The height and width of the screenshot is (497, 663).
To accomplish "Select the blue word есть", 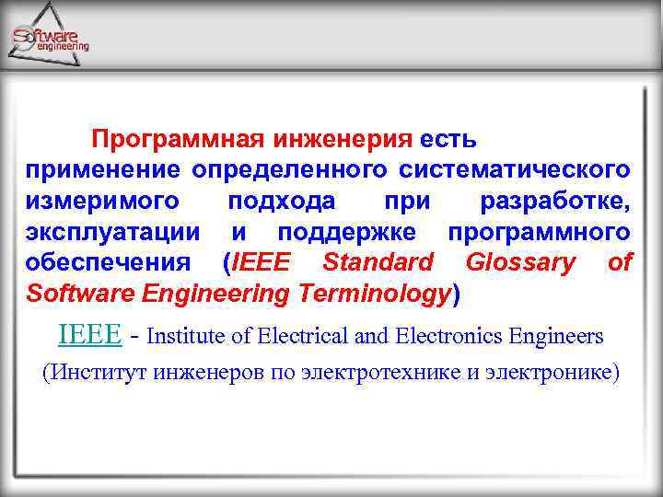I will [448, 140].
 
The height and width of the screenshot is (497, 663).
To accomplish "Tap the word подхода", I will [281, 202].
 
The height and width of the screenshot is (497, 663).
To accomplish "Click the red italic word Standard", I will [378, 262].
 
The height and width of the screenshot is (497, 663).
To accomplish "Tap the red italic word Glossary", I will [520, 262].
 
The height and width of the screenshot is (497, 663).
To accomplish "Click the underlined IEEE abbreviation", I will [88, 334].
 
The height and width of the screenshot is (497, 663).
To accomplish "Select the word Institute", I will [186, 336].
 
